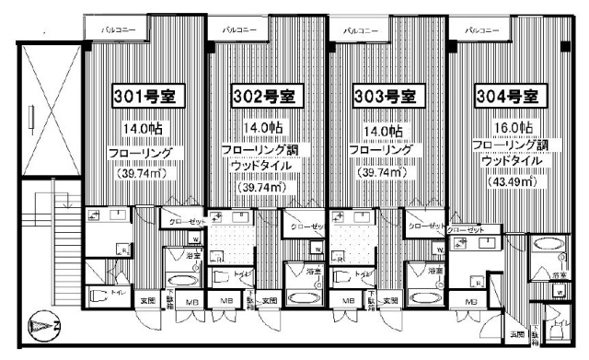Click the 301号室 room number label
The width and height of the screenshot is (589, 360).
pyautogui.click(x=144, y=95)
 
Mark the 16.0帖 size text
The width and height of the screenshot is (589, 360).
pyautogui.click(x=514, y=127)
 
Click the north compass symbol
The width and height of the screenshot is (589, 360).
pyautogui.click(x=44, y=326)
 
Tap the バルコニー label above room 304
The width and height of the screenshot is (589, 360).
pyautogui.click(x=481, y=30)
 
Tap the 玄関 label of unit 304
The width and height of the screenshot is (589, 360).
pyautogui.click(x=518, y=334)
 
